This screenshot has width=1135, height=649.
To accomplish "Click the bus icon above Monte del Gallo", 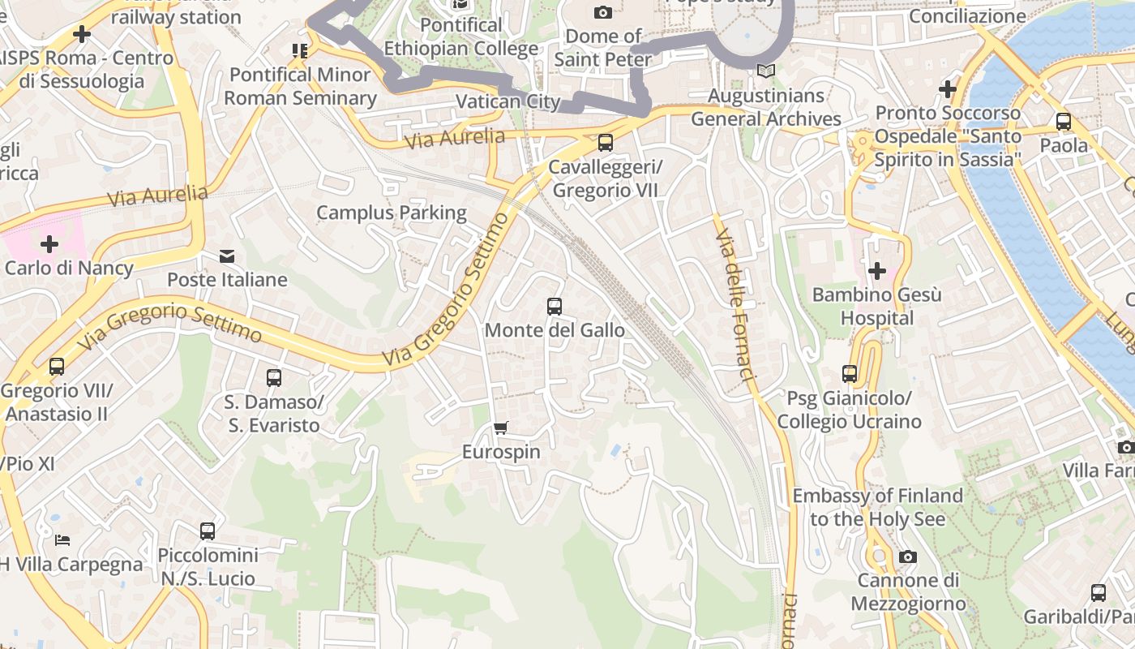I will click(555, 307).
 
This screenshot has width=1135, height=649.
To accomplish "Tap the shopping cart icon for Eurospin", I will click(501, 428).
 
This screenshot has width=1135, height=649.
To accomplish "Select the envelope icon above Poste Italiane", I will click(227, 256).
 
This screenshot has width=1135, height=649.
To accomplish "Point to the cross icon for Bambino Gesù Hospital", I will click(876, 270).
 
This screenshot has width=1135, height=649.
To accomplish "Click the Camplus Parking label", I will click(392, 213).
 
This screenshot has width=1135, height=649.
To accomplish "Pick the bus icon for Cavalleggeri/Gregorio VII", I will click(606, 143).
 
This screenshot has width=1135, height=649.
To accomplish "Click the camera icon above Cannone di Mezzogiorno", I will click(908, 557).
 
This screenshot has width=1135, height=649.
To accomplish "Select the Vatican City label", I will click(508, 101).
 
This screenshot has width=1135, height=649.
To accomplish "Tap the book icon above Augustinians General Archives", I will click(766, 71).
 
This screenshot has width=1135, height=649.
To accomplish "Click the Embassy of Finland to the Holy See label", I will click(877, 507).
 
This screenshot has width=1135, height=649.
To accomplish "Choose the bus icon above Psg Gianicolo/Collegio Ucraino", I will click(850, 374).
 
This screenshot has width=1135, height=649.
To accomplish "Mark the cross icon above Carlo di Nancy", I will click(49, 243).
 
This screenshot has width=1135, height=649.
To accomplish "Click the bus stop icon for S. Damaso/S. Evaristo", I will click(274, 378).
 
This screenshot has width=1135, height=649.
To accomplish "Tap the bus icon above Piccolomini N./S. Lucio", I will click(208, 531).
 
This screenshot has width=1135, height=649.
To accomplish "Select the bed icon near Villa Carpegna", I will click(62, 539).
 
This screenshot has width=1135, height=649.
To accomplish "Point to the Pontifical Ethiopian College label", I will click(460, 37).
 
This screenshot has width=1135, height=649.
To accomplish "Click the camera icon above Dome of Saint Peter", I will click(602, 12).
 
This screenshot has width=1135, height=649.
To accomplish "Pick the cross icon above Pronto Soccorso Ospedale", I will click(948, 89).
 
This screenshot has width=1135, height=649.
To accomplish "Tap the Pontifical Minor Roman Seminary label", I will click(300, 86).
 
